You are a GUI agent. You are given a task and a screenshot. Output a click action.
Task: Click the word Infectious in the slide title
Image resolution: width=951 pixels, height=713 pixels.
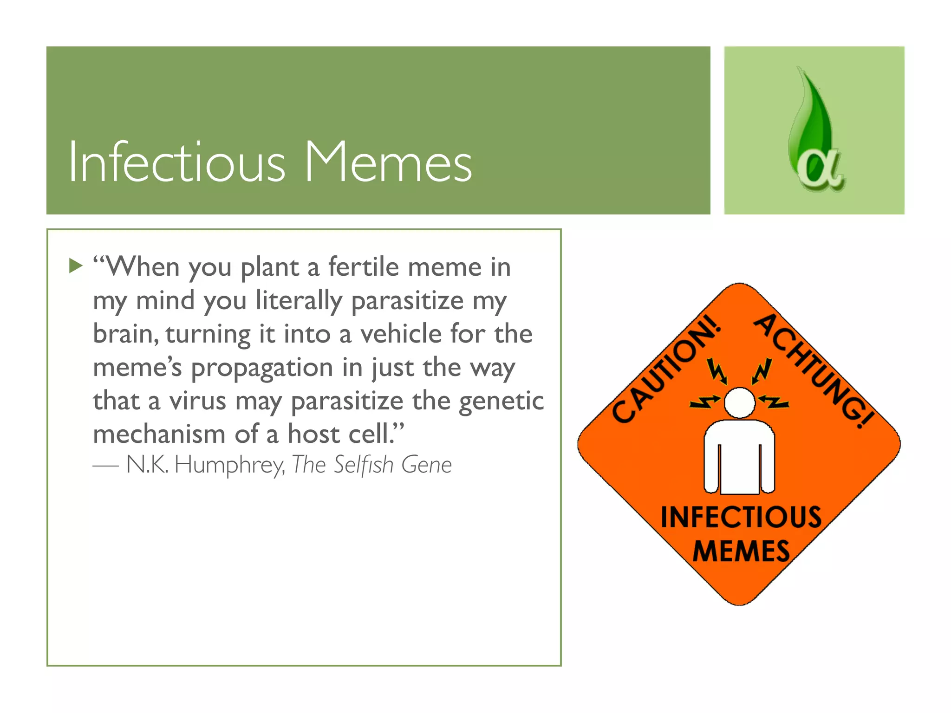click(x=176, y=162)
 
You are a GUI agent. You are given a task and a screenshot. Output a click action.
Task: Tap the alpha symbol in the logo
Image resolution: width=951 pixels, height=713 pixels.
click(x=819, y=170)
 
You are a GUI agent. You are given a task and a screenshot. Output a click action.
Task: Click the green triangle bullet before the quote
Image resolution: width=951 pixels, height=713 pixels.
click(x=75, y=266)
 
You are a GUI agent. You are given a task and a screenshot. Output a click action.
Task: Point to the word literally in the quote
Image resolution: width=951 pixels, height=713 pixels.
click(x=299, y=300)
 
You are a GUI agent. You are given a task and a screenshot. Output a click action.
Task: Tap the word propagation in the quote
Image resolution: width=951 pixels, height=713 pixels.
click(x=262, y=368)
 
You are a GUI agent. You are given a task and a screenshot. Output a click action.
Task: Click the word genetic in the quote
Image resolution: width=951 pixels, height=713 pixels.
click(x=502, y=402)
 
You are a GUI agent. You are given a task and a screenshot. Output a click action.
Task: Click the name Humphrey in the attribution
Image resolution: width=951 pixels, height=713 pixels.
click(x=229, y=465)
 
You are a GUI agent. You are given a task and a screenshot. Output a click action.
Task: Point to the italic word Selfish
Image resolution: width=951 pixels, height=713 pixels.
click(x=364, y=465)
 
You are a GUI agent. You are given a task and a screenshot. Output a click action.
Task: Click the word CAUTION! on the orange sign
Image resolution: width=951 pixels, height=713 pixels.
click(x=667, y=369)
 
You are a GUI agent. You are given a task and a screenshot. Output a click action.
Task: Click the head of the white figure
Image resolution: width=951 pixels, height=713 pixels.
click(x=740, y=402)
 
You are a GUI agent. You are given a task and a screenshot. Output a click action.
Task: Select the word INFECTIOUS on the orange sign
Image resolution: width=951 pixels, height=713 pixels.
click(x=741, y=517)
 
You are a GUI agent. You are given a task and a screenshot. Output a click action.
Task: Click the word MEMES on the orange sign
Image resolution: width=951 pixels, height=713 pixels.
click(x=741, y=551)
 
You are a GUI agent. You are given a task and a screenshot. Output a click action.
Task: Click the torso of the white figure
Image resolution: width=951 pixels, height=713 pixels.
click(x=740, y=457)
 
